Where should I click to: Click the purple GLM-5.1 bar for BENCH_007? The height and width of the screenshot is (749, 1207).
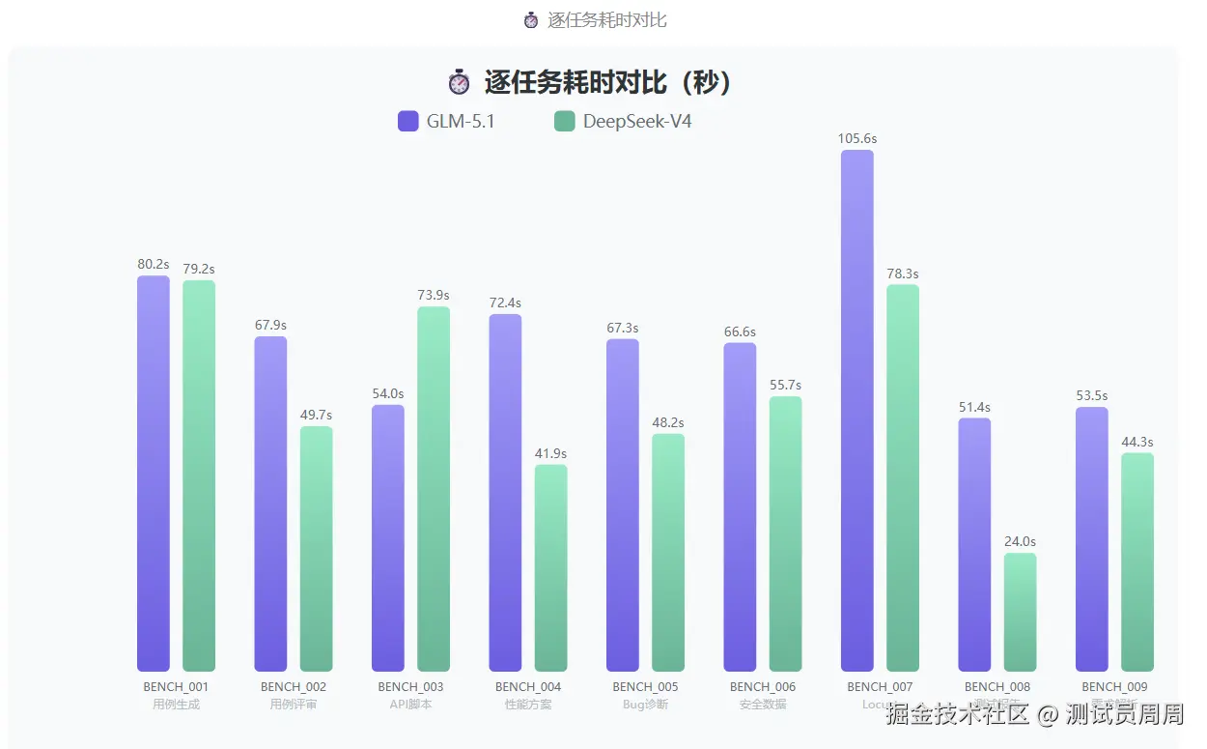[856, 411]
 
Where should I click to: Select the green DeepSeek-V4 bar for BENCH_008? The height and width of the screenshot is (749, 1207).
[1020, 612]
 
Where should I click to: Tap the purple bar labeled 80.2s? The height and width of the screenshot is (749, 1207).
[153, 474]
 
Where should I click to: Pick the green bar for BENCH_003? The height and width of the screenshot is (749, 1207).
[434, 489]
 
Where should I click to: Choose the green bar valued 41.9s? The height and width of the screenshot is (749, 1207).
[550, 568]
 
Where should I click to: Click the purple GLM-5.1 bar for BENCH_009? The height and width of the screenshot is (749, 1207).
[1091, 539]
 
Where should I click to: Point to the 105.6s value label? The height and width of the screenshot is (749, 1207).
[856, 139]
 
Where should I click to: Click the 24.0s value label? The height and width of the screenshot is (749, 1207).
[1020, 542]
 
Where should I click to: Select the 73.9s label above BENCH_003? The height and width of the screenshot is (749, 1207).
[434, 296]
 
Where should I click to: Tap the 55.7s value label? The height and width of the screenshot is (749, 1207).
[785, 386]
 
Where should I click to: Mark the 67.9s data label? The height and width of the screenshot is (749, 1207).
[270, 326]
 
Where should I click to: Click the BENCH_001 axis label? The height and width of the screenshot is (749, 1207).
[176, 687]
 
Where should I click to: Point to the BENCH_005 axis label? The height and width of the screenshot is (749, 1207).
[645, 687]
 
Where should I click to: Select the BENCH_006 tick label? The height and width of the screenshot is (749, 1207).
[763, 687]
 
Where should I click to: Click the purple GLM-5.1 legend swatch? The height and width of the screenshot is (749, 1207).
[407, 122]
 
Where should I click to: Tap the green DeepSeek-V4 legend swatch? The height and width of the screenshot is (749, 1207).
[564, 122]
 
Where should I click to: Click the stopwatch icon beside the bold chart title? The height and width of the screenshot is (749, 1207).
[459, 83]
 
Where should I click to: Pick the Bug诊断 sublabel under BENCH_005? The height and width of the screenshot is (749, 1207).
[645, 705]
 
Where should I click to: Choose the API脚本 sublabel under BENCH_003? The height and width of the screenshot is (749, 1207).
[410, 705]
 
